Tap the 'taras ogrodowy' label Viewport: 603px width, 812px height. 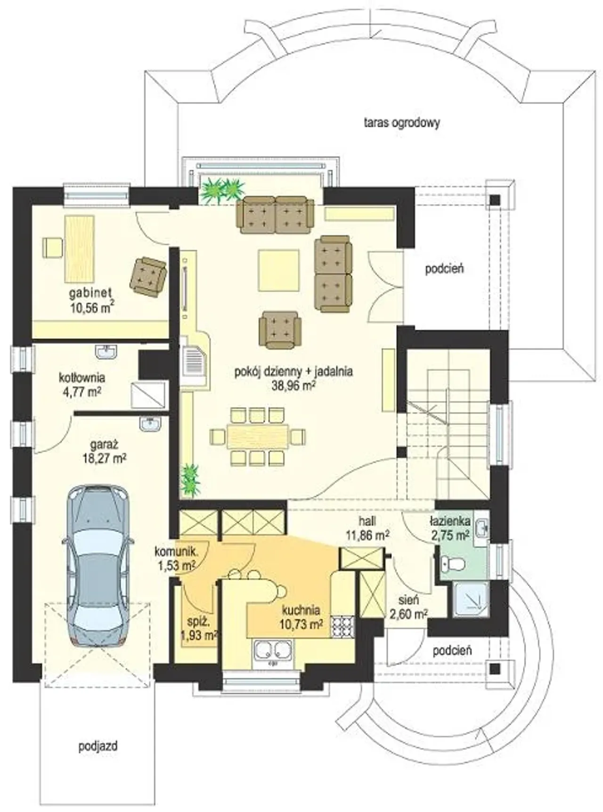[402, 123]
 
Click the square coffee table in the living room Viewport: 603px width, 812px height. [278, 270]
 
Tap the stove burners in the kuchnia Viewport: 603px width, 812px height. [343, 626]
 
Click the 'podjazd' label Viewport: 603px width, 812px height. [98, 746]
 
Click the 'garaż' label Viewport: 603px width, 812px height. [104, 444]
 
